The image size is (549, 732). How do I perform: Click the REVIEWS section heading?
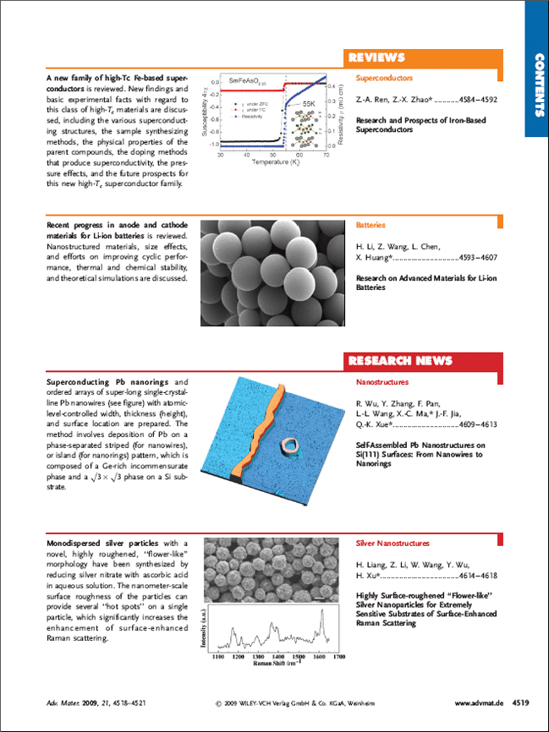coord(377,58)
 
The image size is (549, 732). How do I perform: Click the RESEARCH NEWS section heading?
coord(400,361)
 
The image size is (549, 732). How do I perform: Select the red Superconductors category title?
coord(384,78)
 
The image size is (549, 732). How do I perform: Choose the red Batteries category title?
coord(371,226)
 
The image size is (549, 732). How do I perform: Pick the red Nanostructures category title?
coord(382,382)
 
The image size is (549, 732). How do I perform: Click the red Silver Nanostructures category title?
coord(393,544)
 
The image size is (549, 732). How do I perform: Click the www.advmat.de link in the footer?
coord(480,702)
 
